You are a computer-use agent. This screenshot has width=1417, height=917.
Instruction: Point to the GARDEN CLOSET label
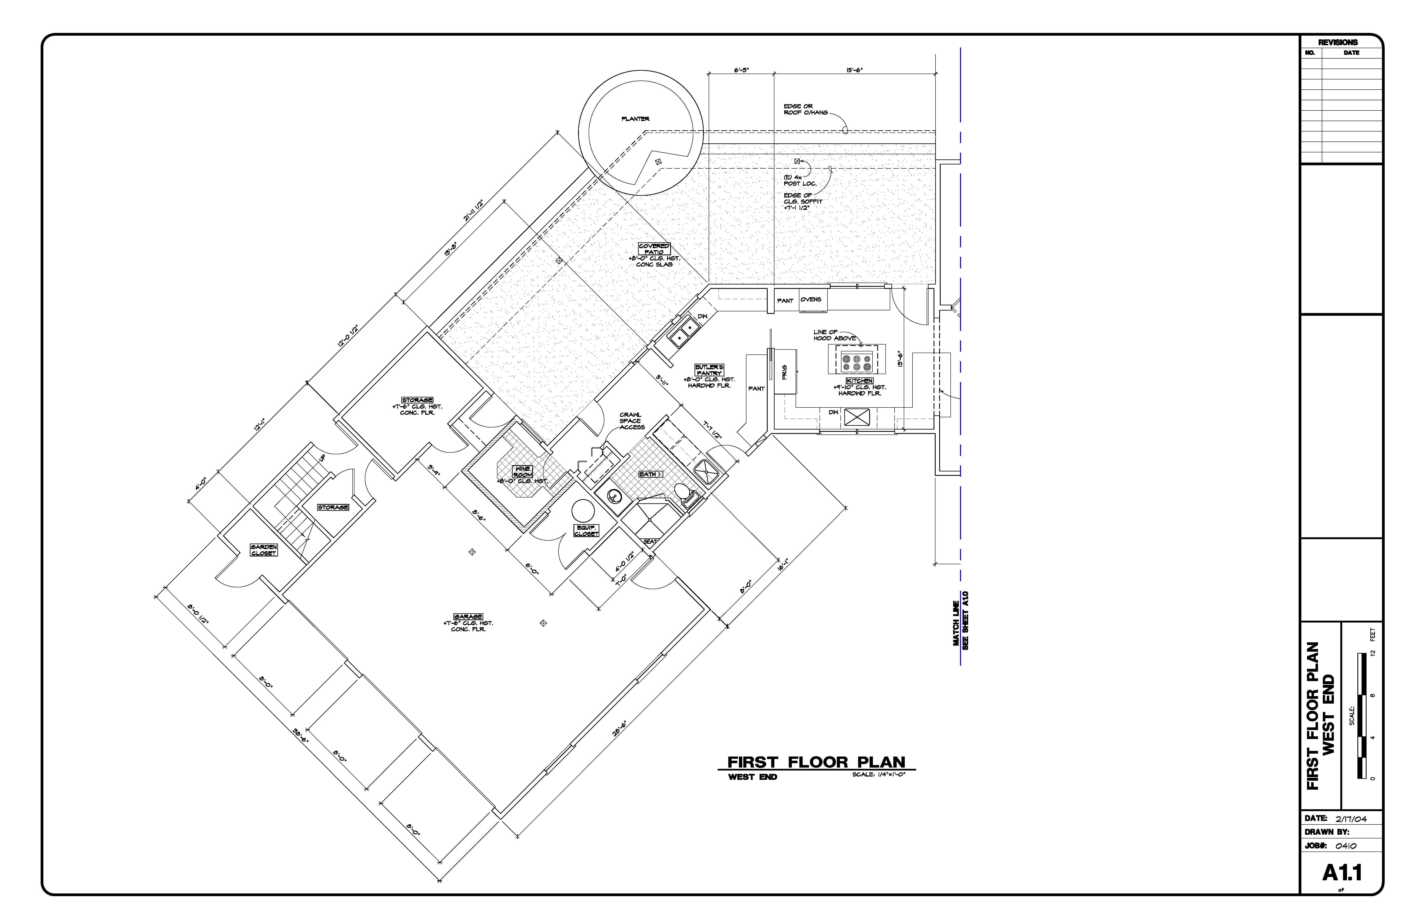[264, 550]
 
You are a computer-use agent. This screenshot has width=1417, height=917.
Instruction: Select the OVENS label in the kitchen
[810, 299]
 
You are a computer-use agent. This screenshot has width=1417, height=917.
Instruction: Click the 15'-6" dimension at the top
[854, 70]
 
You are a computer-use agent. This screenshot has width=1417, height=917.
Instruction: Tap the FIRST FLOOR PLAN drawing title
[816, 762]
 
